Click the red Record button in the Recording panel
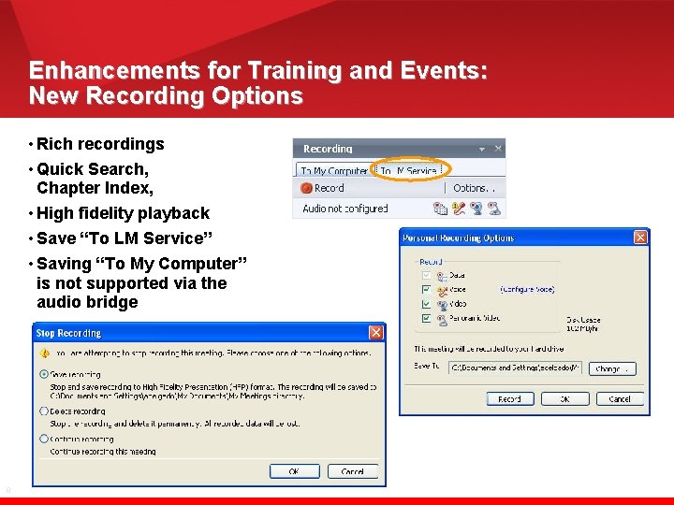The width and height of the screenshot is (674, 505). [323, 188]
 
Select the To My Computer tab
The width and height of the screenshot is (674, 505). [333, 170]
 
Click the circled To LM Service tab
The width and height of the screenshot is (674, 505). [409, 170]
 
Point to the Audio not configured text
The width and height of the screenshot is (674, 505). [344, 209]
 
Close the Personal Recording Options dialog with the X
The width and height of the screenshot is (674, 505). [639, 238]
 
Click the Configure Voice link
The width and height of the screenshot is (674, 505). [527, 291]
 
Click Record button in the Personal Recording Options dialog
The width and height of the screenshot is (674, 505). [510, 398]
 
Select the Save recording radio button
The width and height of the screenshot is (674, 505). [44, 374]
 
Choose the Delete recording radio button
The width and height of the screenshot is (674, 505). [44, 411]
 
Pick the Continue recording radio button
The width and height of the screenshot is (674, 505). [44, 439]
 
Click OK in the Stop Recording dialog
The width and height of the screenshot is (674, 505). [294, 471]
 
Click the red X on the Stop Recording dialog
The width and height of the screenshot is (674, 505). [375, 332]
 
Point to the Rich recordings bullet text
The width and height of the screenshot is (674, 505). [100, 144]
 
